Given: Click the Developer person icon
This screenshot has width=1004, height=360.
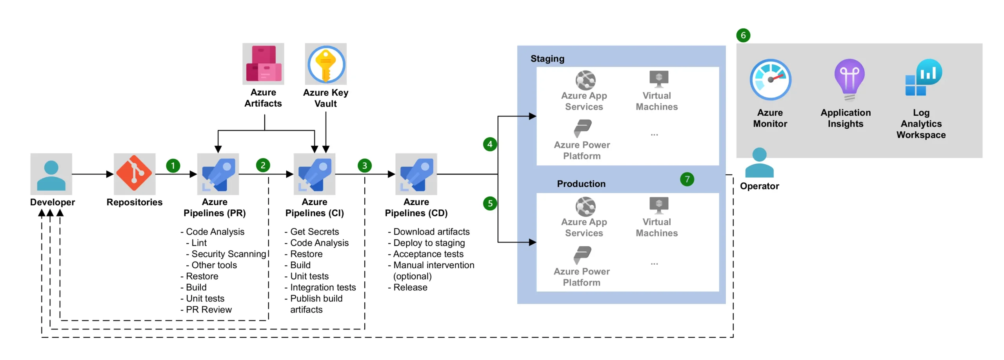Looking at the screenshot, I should coord(51,174).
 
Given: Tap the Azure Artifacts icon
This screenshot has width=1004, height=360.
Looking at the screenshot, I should coord(263,64).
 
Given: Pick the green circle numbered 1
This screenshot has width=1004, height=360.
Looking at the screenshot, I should coord(173,165).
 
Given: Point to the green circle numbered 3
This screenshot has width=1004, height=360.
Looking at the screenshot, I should coord(365,165).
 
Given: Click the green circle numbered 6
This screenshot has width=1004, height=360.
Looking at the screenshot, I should coord(743,35).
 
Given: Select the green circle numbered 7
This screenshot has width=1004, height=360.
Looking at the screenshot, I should coord(687,179).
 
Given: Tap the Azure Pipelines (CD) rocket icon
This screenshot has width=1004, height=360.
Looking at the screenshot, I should coord(416,174).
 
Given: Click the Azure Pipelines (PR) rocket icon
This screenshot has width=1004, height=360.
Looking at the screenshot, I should coord(218,174).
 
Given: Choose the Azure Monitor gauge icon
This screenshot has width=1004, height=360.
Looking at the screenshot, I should coord(770,80).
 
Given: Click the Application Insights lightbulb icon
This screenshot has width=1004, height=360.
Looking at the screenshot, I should coord(849,80).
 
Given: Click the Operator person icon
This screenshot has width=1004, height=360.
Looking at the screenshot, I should coord(759,163).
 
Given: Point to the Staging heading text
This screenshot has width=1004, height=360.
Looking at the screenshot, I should coord(547,59).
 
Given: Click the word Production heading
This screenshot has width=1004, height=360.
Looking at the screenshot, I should coord(581,184).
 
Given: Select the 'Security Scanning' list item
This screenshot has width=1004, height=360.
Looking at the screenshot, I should coord(229,254).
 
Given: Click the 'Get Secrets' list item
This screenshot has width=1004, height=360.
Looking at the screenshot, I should coord(314,232).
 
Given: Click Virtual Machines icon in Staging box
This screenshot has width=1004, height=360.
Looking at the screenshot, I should coord(658,79).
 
